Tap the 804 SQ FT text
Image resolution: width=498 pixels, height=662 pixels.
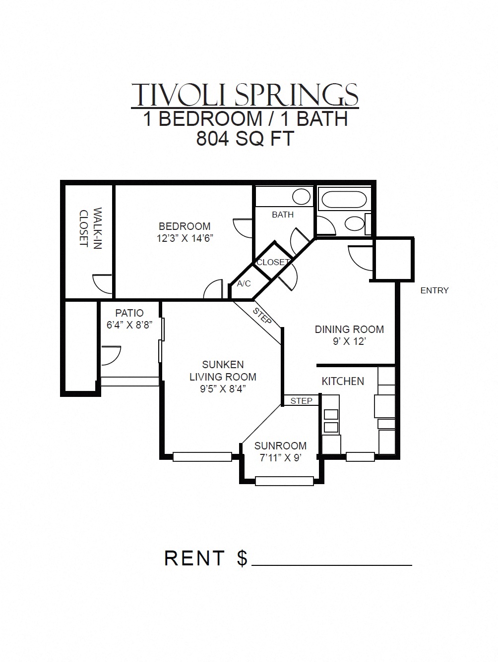click(x=245, y=138)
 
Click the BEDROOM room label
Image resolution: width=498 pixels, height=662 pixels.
click(x=185, y=226)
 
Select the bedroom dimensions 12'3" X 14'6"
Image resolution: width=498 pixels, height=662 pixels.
click(x=185, y=238)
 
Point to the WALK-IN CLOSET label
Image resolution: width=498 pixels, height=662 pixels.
click(x=90, y=227)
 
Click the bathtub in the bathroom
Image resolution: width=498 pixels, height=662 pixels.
click(x=344, y=200)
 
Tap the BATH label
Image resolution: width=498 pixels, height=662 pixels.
click(x=283, y=215)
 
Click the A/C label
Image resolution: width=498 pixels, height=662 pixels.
click(x=244, y=284)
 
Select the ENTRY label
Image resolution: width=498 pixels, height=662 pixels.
click(x=434, y=290)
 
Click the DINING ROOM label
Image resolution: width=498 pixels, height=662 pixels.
click(x=349, y=329)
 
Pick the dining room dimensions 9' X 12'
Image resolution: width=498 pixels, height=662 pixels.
click(x=349, y=341)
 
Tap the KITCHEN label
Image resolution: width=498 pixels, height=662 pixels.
click(x=343, y=381)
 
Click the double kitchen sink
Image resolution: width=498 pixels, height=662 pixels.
click(x=331, y=421)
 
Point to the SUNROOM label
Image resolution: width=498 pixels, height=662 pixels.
click(x=280, y=445)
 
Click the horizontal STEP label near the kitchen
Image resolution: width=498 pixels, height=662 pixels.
click(x=301, y=401)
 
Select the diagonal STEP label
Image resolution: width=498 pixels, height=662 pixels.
click(x=262, y=316)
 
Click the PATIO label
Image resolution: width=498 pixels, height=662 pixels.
click(x=129, y=313)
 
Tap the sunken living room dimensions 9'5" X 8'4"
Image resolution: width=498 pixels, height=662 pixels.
click(x=223, y=389)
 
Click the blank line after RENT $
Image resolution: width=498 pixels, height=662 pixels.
click(x=332, y=563)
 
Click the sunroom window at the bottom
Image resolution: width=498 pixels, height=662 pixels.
click(x=284, y=480)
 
